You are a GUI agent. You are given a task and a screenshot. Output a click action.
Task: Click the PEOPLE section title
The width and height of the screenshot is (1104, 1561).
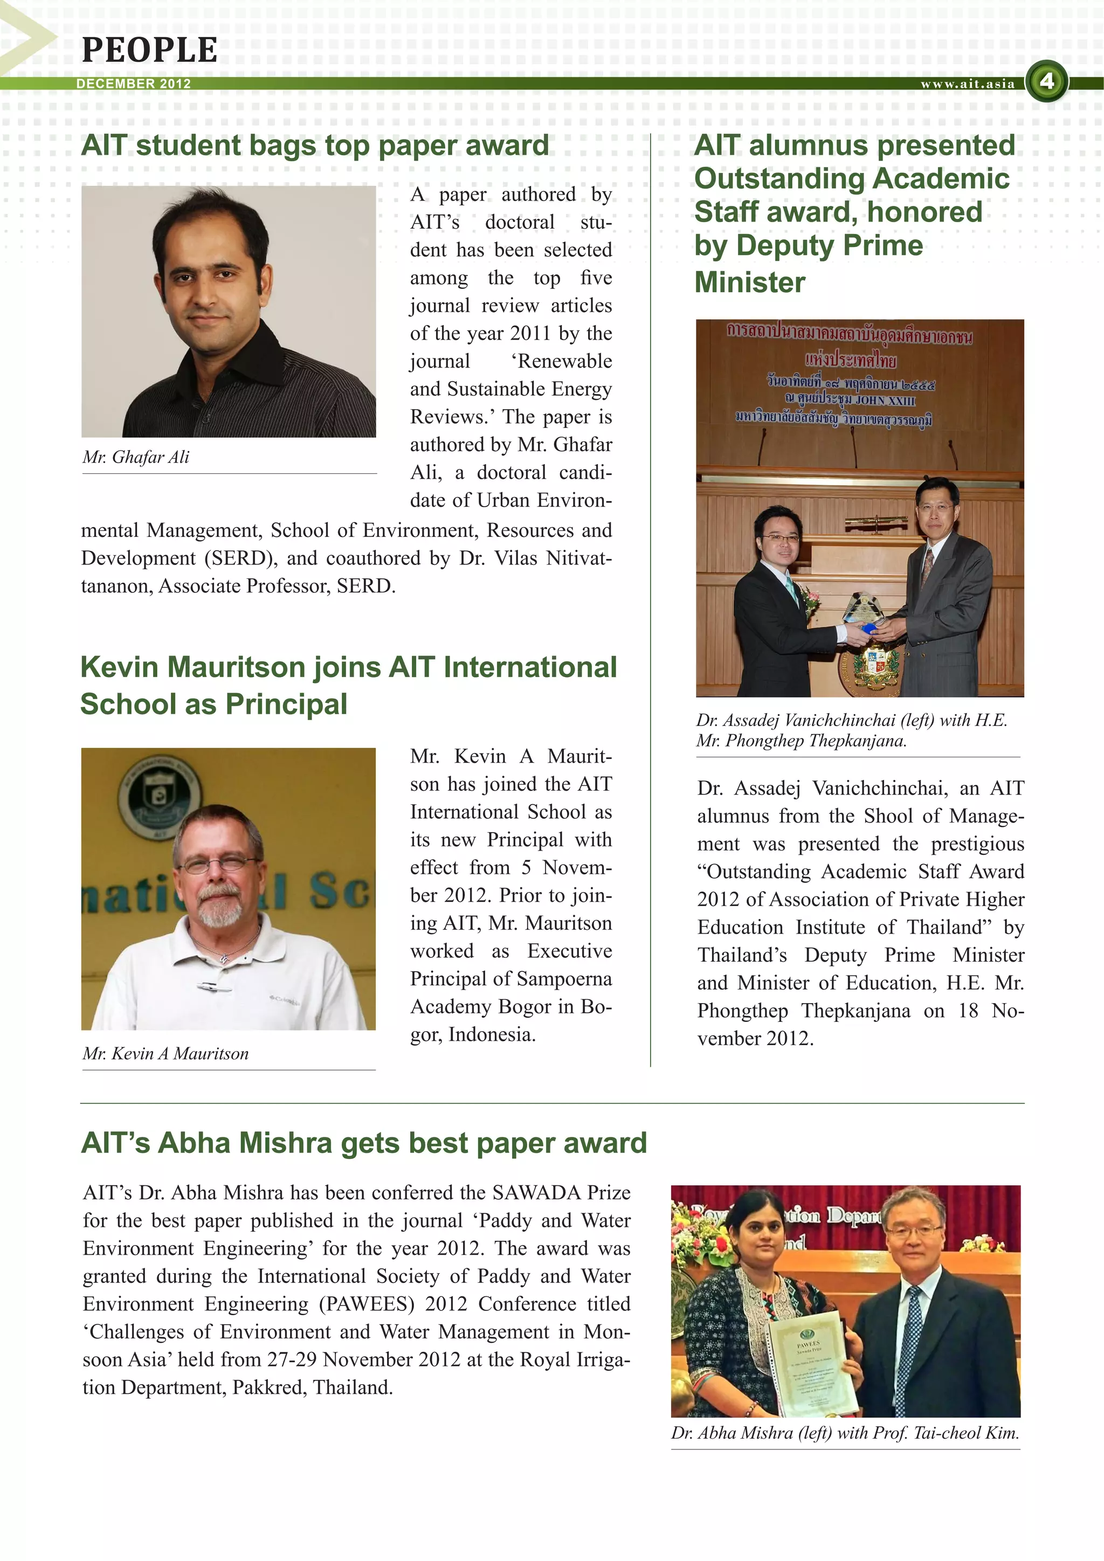tap(149, 50)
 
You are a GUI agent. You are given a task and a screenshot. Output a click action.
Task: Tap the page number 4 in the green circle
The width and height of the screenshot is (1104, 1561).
tap(1047, 81)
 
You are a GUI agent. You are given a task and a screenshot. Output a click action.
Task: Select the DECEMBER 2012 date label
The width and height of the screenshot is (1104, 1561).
tap(133, 84)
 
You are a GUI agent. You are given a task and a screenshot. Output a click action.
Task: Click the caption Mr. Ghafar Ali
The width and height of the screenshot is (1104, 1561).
tap(136, 457)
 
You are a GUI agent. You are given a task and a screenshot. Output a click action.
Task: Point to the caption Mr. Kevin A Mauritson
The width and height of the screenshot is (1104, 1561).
tap(165, 1053)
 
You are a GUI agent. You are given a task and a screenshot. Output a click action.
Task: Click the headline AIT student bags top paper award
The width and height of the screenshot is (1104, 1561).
tap(315, 146)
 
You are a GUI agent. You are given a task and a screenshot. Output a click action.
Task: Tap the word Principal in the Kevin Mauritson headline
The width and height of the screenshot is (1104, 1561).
tap(286, 704)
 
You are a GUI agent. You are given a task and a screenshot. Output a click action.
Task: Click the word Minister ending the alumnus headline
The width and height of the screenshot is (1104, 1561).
tap(750, 282)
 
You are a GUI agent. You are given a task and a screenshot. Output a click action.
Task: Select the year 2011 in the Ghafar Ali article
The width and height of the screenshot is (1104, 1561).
tap(529, 333)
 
